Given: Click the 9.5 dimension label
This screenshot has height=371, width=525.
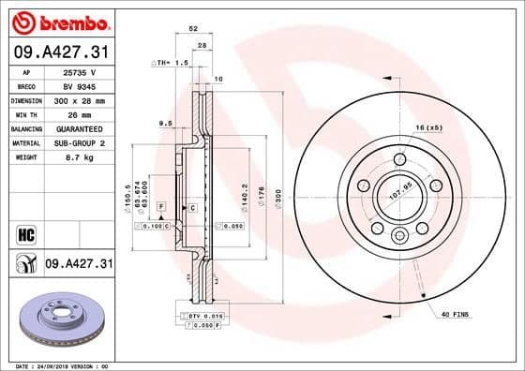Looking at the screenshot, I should tap(165, 123).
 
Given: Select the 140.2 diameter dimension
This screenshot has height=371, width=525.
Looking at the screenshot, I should tap(245, 197).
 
